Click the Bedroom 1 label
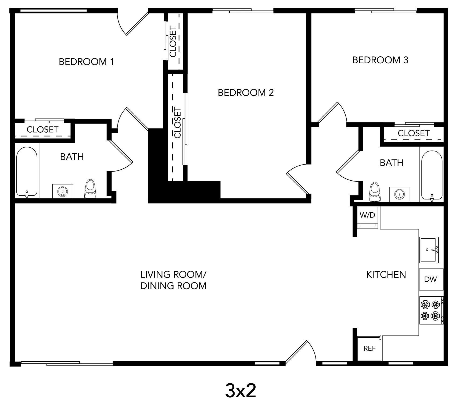pos(86,62)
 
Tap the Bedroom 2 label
pos(246,93)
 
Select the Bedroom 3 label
pos(380,60)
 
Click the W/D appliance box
pos(367,217)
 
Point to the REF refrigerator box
pos(369,348)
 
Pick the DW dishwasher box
pos(431,279)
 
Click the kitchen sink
pos(429,250)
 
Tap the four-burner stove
pos(431,310)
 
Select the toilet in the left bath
pos(90,189)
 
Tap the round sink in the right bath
pos(399,194)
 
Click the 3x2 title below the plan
pos(240,391)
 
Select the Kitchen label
pos(386,274)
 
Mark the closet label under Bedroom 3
pos(413,133)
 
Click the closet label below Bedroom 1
pos(42,130)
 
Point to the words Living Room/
pos(173,274)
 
